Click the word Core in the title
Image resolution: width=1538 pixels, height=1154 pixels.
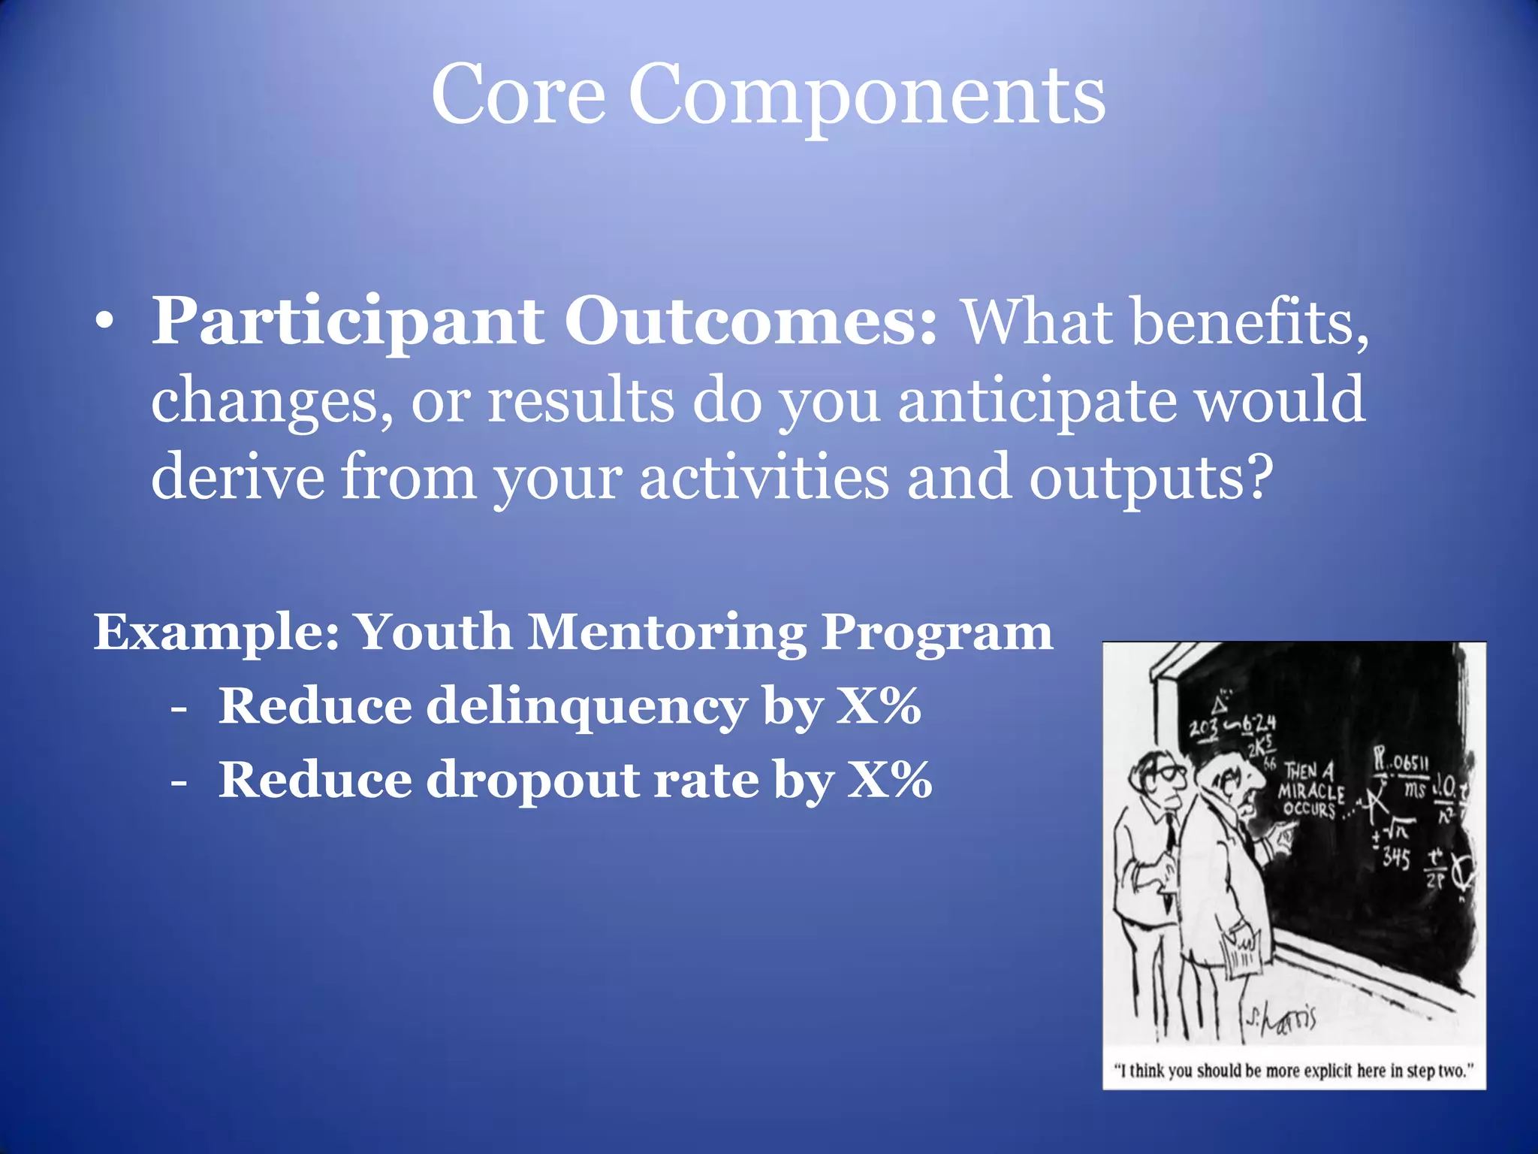point(518,96)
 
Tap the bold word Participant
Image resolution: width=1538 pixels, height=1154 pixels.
point(347,322)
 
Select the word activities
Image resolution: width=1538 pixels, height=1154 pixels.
point(764,478)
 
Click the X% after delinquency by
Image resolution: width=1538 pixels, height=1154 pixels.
point(879,706)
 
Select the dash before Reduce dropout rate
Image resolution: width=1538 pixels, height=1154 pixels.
point(178,782)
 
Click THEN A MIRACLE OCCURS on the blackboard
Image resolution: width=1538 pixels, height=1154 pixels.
point(1311,791)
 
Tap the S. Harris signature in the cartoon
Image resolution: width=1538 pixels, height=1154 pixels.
point(1281,1019)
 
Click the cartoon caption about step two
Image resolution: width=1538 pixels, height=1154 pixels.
point(1294,1070)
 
